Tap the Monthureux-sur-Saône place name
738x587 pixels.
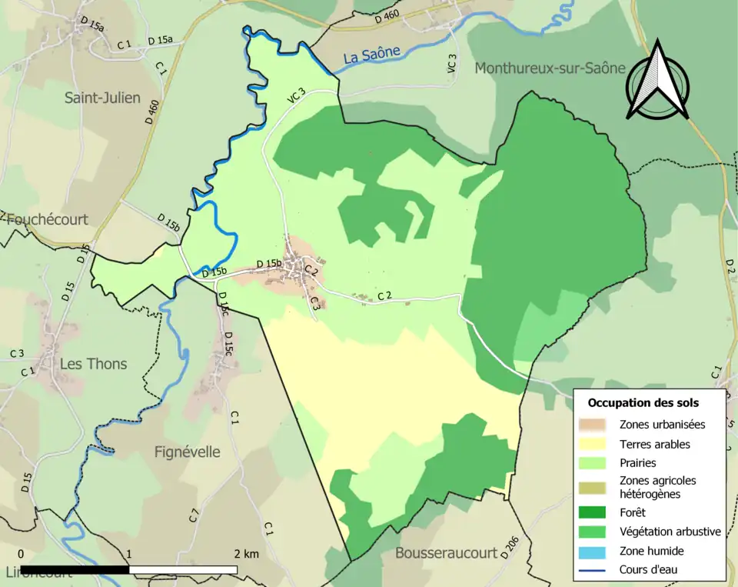[x=550, y=68]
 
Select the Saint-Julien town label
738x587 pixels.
[x=102, y=98]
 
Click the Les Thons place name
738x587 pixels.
[x=95, y=364]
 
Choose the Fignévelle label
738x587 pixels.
[x=187, y=452]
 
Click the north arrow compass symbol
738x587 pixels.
[x=657, y=81]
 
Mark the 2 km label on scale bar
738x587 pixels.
[x=246, y=554]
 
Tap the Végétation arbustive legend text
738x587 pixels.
[x=670, y=532]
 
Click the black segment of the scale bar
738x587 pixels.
[x=75, y=570]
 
